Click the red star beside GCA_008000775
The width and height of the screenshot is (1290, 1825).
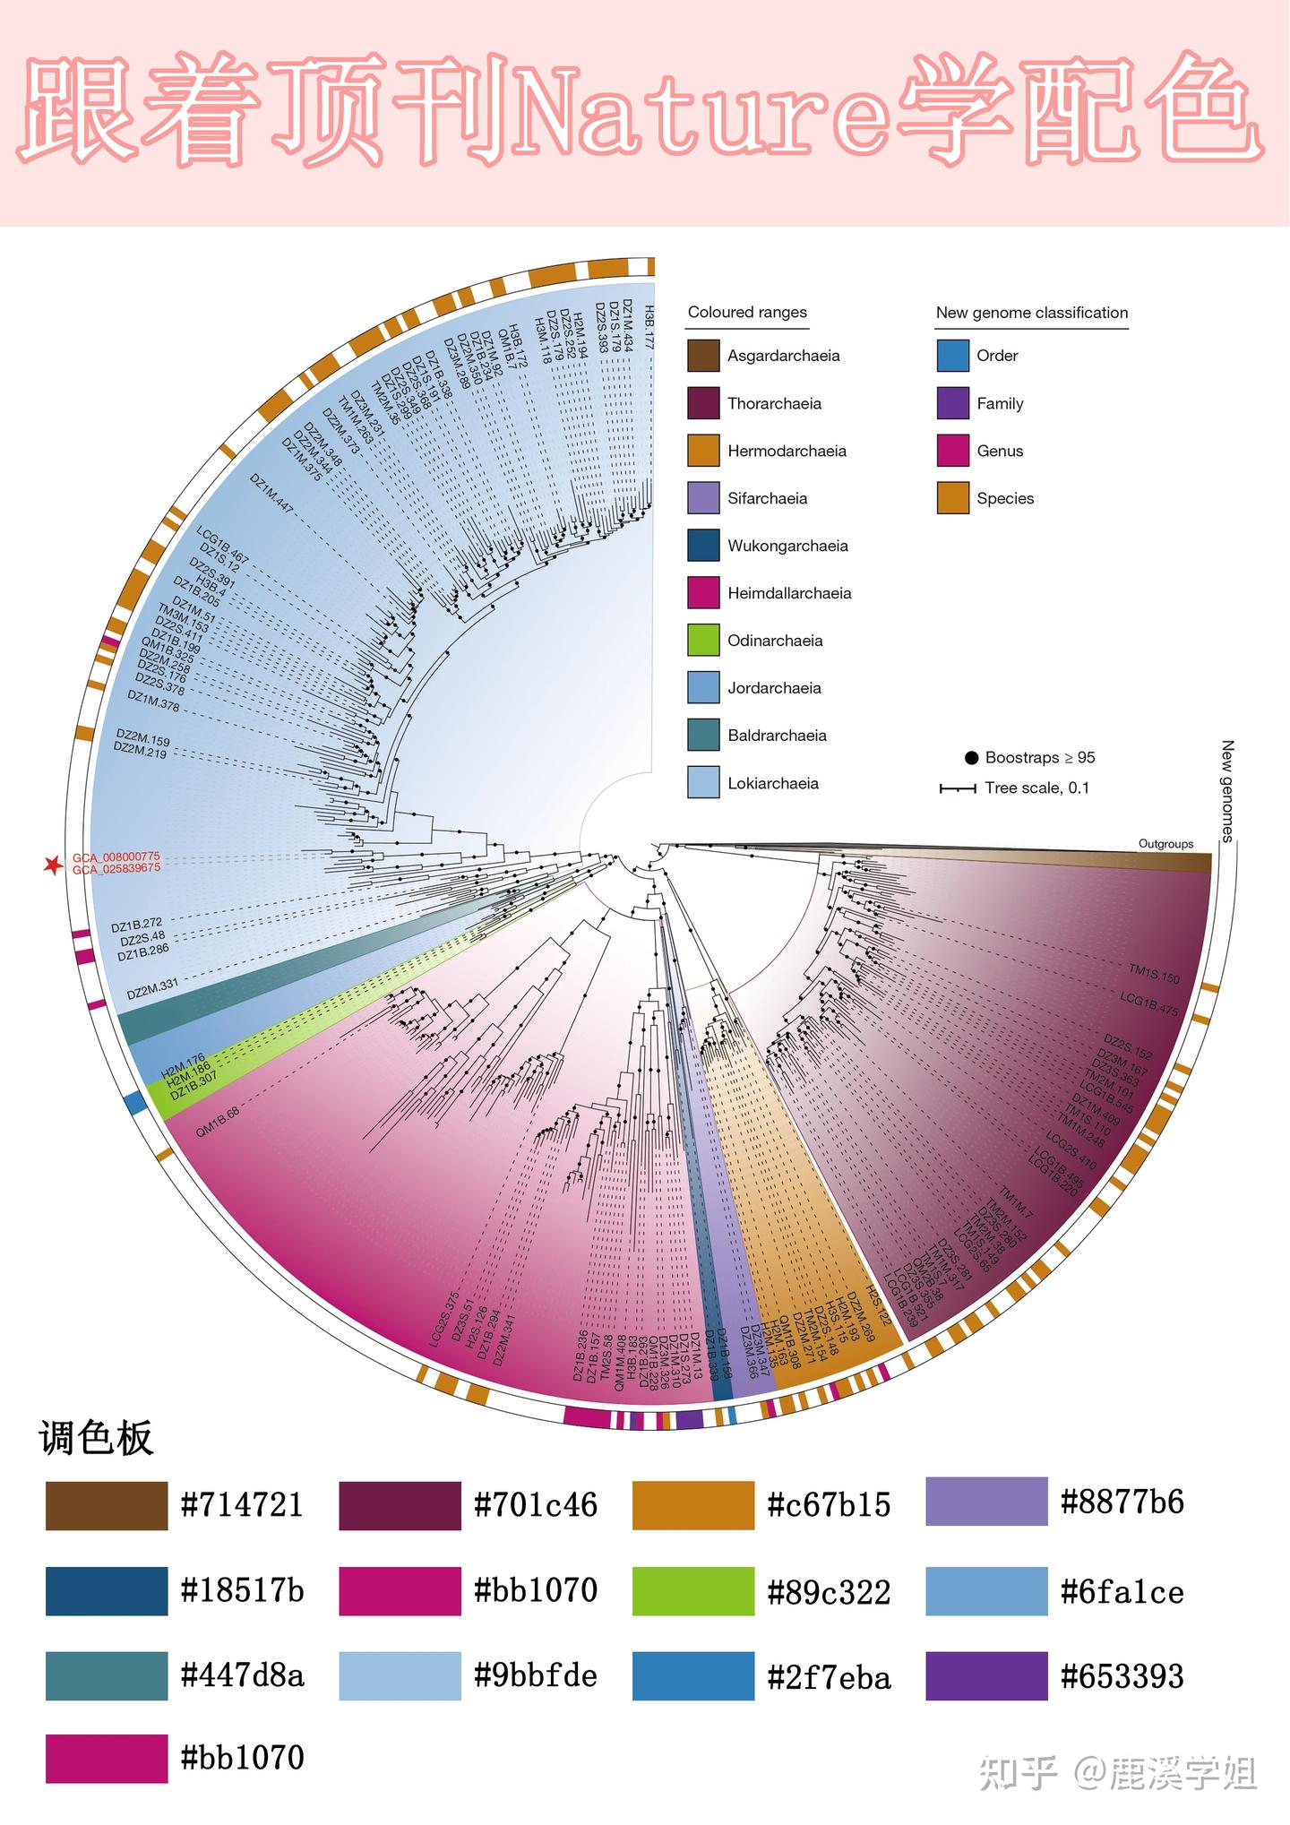53,865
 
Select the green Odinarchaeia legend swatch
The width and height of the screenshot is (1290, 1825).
703,640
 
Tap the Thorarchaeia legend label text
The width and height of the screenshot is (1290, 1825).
774,403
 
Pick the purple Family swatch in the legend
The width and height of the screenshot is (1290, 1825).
952,403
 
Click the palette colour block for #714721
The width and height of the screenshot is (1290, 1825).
107,1505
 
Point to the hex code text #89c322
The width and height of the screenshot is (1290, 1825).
829,1592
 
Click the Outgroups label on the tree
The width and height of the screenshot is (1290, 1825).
1165,844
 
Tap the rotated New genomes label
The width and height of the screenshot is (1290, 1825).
1227,791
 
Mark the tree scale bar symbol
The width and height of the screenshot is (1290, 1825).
957,788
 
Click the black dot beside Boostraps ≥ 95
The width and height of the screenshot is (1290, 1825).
971,758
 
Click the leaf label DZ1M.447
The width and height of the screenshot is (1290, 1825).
271,493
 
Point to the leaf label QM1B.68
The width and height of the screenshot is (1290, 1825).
218,1122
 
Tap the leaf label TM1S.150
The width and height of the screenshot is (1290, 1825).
1154,974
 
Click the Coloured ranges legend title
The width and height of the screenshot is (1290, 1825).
747,313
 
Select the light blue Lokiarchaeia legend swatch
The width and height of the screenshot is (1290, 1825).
703,782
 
